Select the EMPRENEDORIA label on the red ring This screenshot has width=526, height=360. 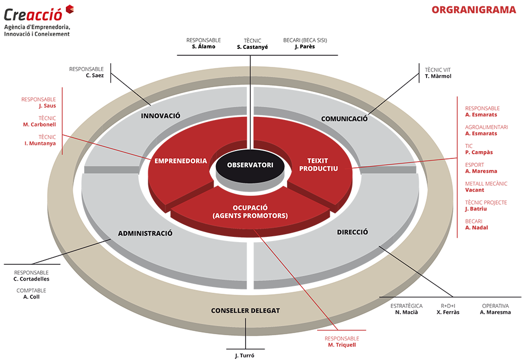(x=180, y=161)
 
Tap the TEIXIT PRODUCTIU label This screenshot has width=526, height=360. (x=318, y=165)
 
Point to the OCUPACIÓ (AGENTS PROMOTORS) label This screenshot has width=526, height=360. (x=250, y=212)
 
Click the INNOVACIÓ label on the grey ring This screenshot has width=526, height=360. (x=160, y=116)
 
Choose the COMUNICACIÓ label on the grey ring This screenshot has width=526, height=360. (x=344, y=119)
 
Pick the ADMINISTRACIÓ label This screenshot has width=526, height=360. (x=145, y=233)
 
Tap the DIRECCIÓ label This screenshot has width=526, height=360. (x=352, y=232)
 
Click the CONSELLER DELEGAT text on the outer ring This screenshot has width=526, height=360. (x=245, y=311)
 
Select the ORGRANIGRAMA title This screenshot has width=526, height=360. (x=474, y=10)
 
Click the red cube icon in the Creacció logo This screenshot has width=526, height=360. (x=69, y=9)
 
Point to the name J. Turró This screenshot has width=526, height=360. (x=245, y=355)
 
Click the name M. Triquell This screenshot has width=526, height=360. (x=342, y=345)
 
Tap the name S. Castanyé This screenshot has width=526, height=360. (x=252, y=47)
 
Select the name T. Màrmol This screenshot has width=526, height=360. (x=438, y=76)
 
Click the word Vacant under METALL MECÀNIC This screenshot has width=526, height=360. (x=474, y=190)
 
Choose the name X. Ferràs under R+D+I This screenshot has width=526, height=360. (x=448, y=312)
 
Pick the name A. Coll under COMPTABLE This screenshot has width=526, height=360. (x=31, y=297)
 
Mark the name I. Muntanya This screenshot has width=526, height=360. (x=40, y=144)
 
